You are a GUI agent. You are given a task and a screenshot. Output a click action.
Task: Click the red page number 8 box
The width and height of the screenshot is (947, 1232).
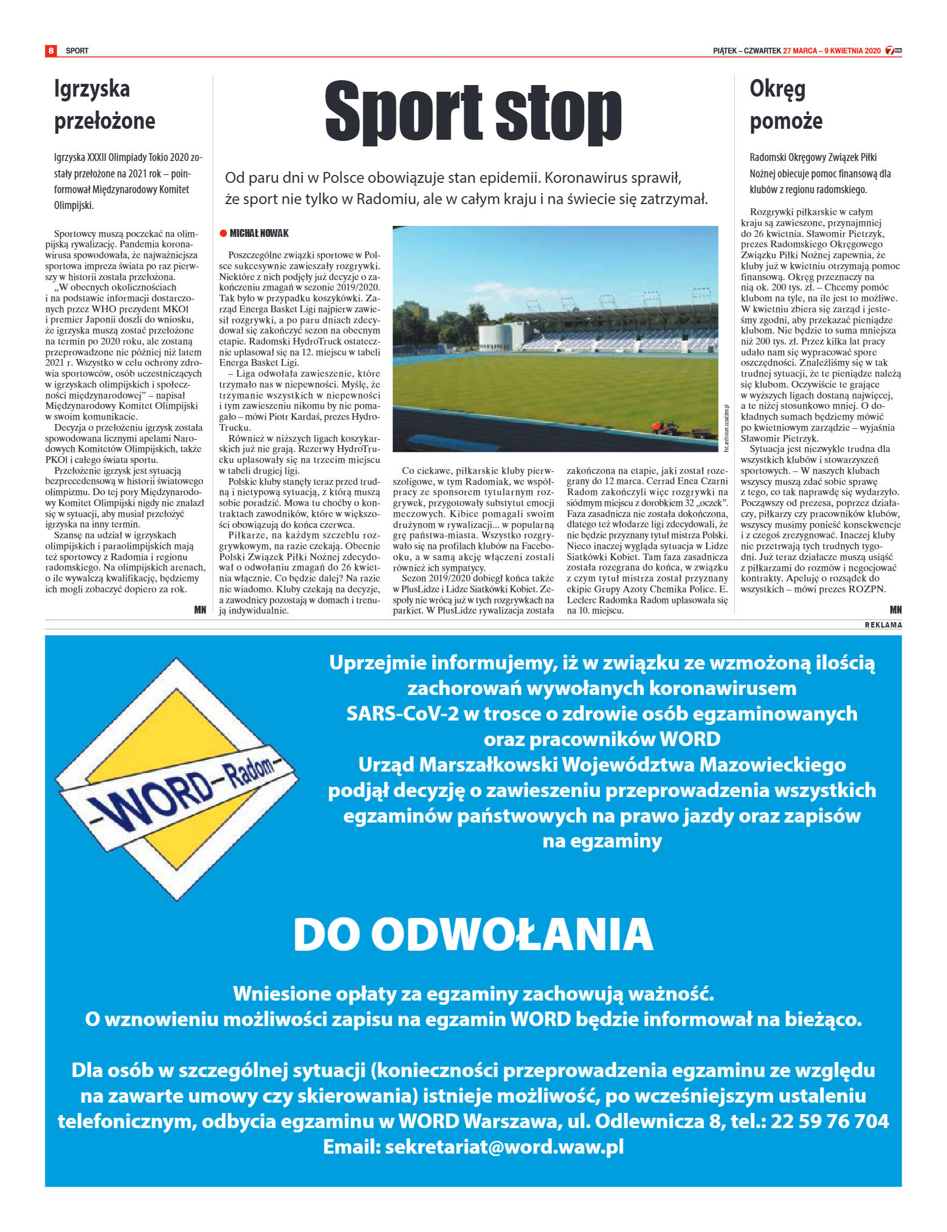click(51, 50)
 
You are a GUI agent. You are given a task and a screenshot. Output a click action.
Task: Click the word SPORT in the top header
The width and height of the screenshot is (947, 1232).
click(77, 51)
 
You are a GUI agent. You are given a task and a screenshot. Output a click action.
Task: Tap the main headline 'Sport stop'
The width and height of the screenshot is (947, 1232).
click(473, 112)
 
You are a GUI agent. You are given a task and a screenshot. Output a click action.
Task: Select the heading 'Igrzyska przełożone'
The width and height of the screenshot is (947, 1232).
click(105, 104)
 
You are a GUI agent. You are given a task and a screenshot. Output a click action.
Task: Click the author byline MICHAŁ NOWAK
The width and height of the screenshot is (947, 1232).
click(259, 233)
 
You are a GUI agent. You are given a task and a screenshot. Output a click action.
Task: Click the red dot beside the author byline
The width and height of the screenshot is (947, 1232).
click(223, 233)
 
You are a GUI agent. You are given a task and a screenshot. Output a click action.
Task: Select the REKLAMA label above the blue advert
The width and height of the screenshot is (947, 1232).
click(883, 625)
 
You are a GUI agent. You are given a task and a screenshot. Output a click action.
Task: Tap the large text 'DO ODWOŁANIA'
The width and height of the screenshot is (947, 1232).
click(473, 934)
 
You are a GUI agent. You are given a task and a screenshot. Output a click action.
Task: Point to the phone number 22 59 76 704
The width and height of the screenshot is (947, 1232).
click(830, 1121)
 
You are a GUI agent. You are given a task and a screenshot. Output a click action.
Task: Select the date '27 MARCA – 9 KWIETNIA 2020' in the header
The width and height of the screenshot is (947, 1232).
click(832, 51)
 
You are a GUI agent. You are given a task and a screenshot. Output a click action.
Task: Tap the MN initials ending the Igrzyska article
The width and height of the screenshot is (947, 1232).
click(200, 609)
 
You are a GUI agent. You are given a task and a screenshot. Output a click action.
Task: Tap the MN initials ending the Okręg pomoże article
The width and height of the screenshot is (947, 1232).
click(895, 609)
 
